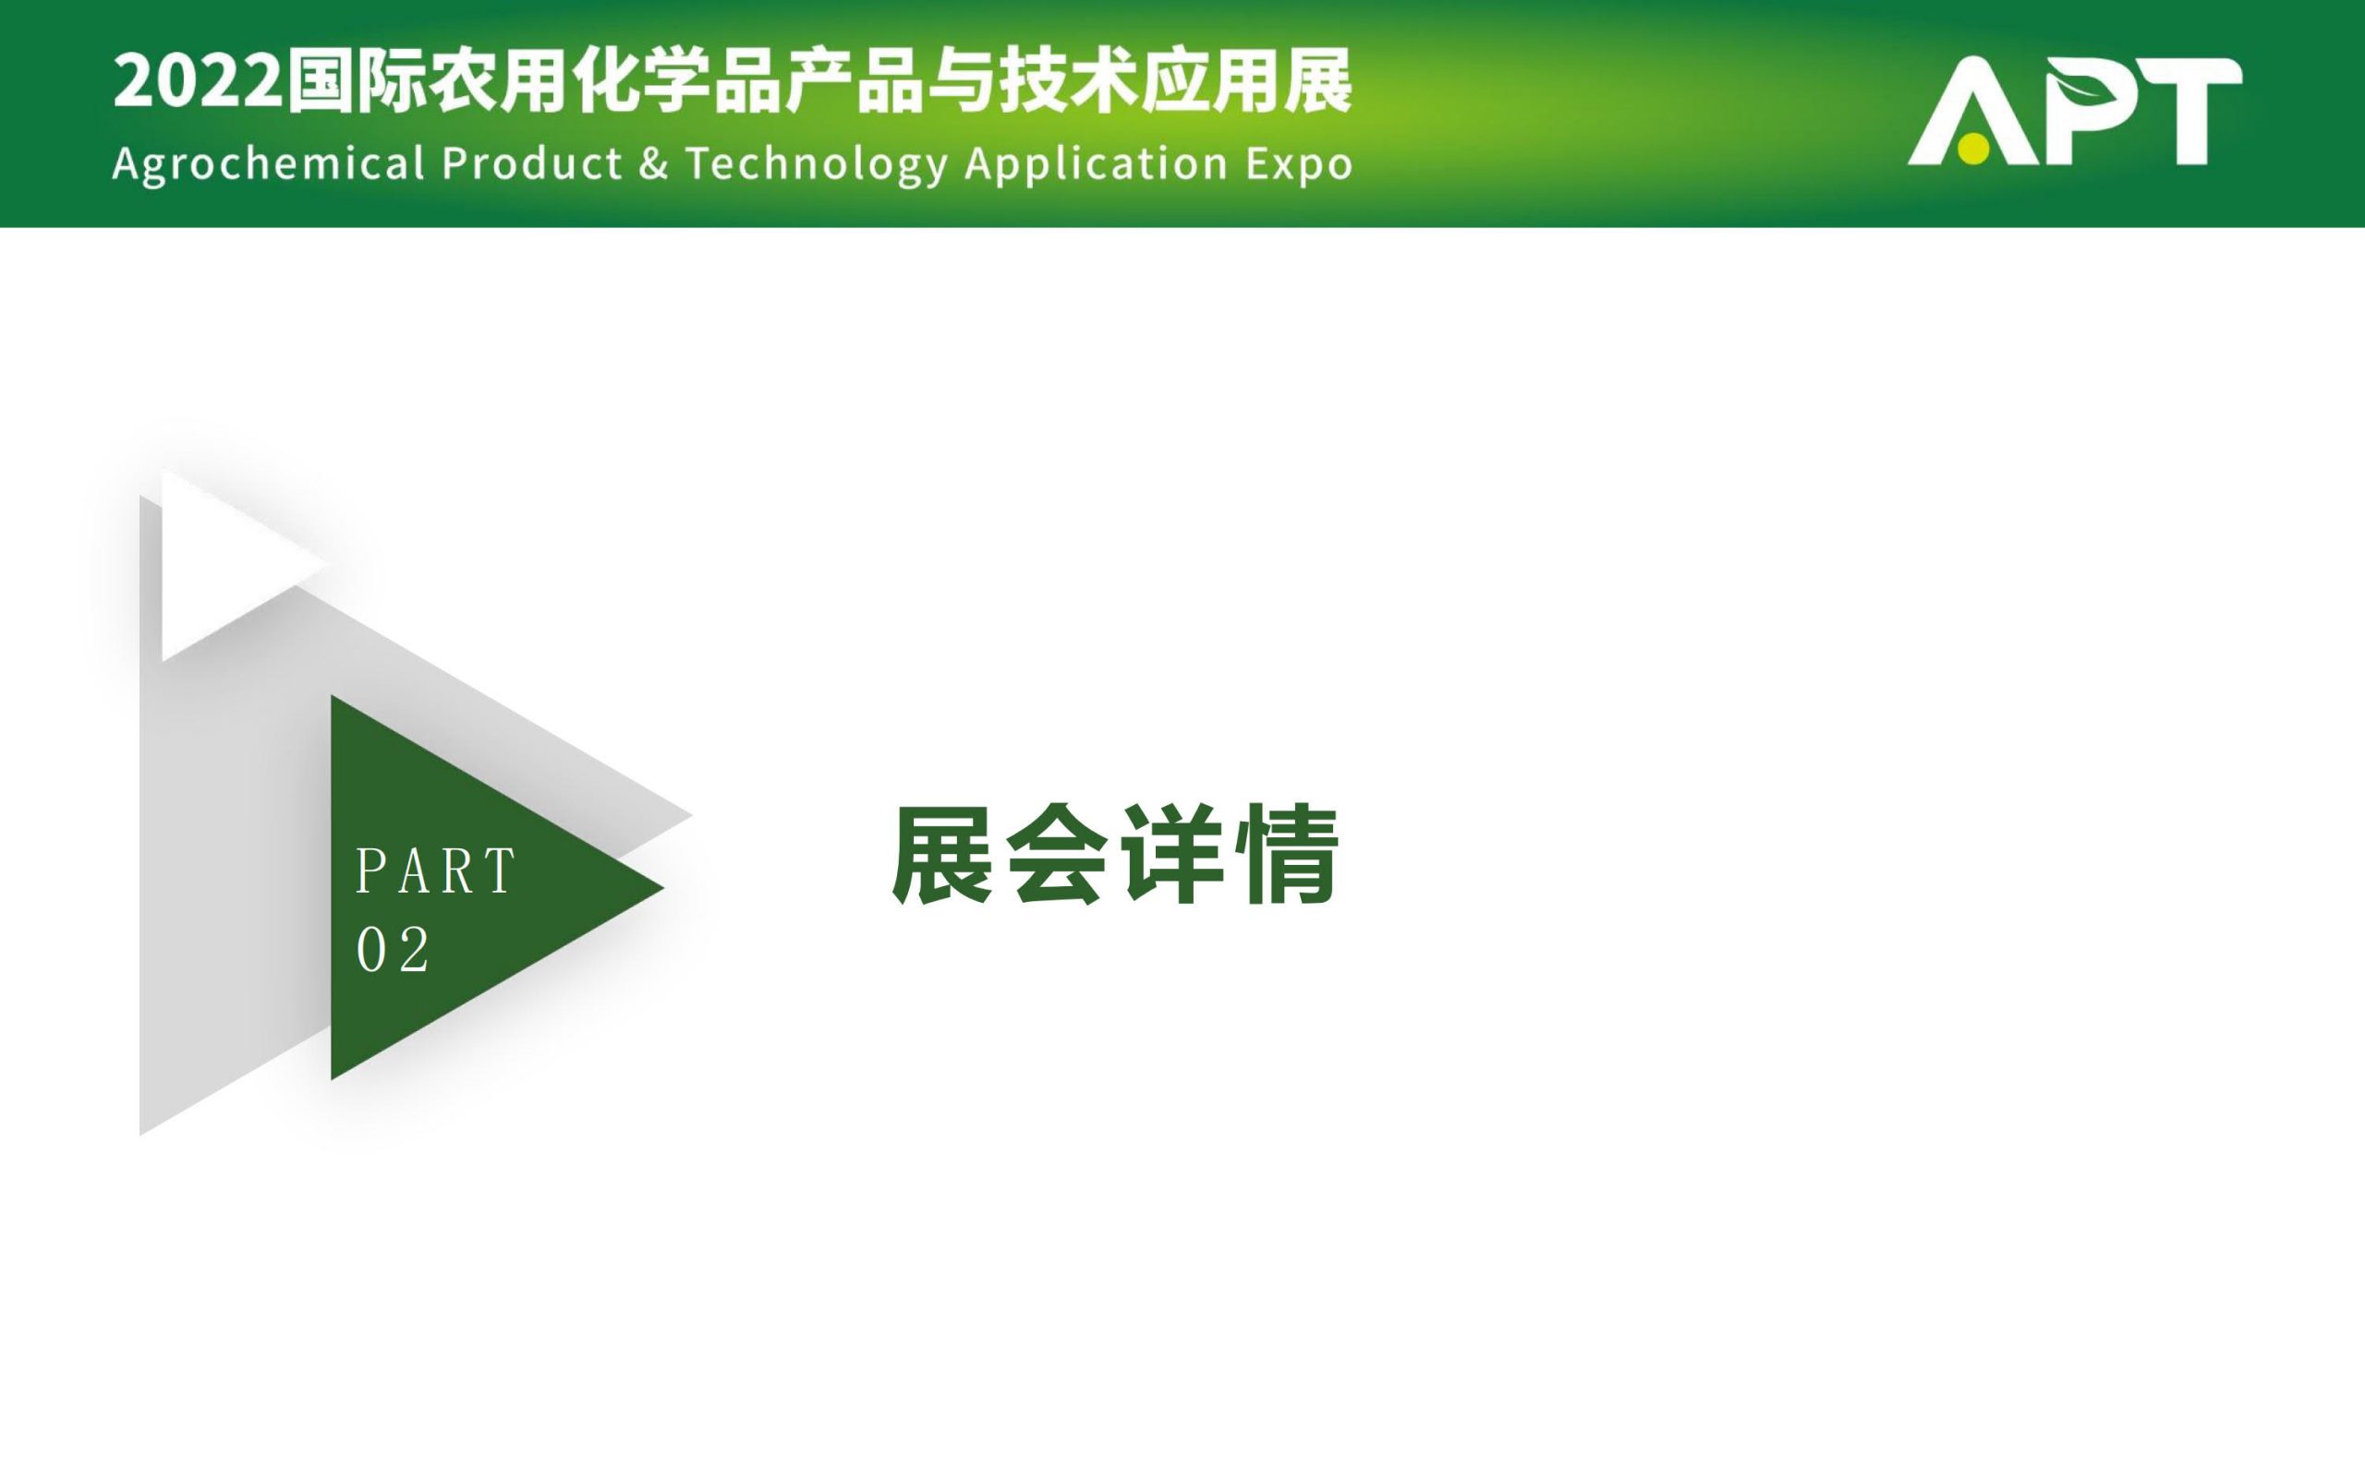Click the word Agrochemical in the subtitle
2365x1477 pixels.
[x=269, y=164]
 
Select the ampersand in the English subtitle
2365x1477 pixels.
[x=654, y=163]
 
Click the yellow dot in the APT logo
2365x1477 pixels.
[x=1973, y=149]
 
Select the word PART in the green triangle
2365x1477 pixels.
[x=435, y=871]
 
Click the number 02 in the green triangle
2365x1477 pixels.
[x=393, y=950]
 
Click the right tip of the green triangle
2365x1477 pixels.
[x=664, y=888]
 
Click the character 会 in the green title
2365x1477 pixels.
[x=1059, y=855]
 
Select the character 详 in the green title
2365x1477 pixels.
[x=1171, y=855]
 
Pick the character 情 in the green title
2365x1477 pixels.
[x=1285, y=855]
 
